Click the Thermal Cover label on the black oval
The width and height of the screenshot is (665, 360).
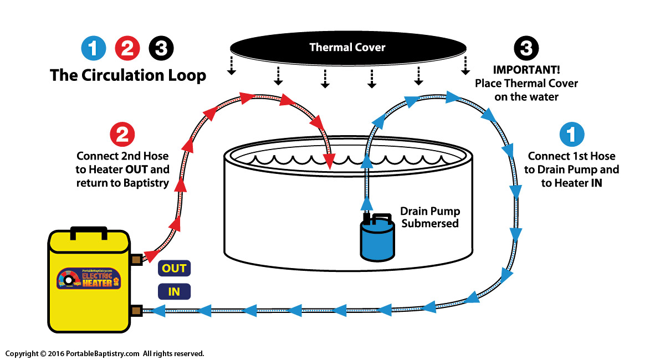(347, 47)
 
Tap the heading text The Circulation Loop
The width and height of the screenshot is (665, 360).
(128, 75)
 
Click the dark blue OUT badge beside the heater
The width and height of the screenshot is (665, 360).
(174, 269)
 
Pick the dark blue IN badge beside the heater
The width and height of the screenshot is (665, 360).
(174, 291)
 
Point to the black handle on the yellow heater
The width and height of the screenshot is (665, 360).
(89, 231)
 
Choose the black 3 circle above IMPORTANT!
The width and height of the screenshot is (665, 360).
(526, 49)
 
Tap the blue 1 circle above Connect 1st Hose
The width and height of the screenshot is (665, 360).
(571, 135)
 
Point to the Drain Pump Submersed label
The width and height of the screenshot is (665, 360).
(430, 218)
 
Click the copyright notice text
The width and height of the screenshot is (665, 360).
(105, 353)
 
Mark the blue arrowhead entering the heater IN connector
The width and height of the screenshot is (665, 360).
(157, 310)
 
